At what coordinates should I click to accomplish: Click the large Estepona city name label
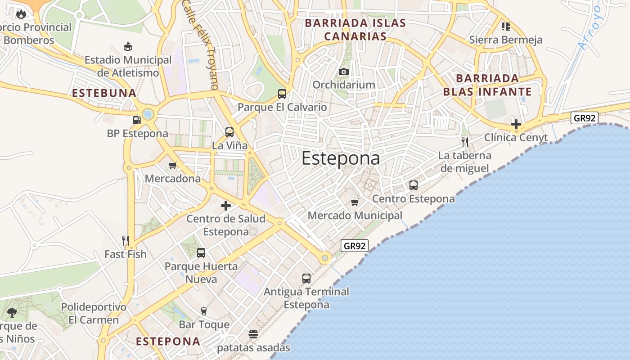[341, 158]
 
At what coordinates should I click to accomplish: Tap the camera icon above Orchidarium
[344, 72]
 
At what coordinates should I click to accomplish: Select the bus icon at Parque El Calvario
[282, 94]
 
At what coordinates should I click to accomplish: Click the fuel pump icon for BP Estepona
[137, 120]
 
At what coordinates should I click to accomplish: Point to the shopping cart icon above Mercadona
[173, 166]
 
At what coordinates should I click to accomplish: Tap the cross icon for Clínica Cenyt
[516, 124]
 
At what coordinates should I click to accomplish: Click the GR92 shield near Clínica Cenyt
[584, 118]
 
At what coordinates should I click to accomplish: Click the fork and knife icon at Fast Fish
[126, 241]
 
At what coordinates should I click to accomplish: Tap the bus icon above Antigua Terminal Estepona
[306, 279]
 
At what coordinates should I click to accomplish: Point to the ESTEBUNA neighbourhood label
[104, 93]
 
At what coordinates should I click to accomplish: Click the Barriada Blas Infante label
[487, 85]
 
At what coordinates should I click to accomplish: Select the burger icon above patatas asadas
[253, 334]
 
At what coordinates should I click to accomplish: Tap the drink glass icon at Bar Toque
[204, 311]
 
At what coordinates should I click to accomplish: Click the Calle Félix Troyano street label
[200, 44]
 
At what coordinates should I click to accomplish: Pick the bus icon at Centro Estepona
[413, 185]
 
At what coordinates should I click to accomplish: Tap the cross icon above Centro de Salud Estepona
[226, 206]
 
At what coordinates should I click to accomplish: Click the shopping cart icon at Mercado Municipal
[355, 202]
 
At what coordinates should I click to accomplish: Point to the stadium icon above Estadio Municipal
[128, 46]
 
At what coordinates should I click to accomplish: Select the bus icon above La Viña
[229, 132]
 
